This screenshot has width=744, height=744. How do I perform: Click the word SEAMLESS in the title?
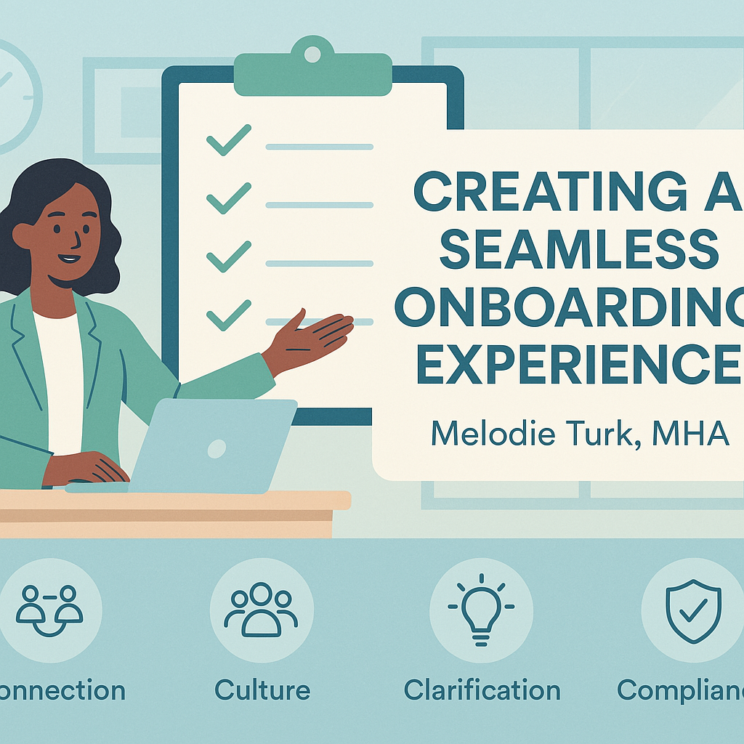[580, 246]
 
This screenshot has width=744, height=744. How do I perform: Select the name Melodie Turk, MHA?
[579, 434]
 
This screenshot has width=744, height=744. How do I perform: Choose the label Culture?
[262, 690]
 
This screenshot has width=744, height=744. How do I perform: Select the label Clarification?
[482, 690]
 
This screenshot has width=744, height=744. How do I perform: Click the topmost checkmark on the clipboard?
[228, 139]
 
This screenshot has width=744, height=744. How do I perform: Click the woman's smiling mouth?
[70, 257]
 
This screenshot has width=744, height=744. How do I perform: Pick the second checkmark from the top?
[228, 198]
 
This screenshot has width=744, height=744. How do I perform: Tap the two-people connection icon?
[49, 609]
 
